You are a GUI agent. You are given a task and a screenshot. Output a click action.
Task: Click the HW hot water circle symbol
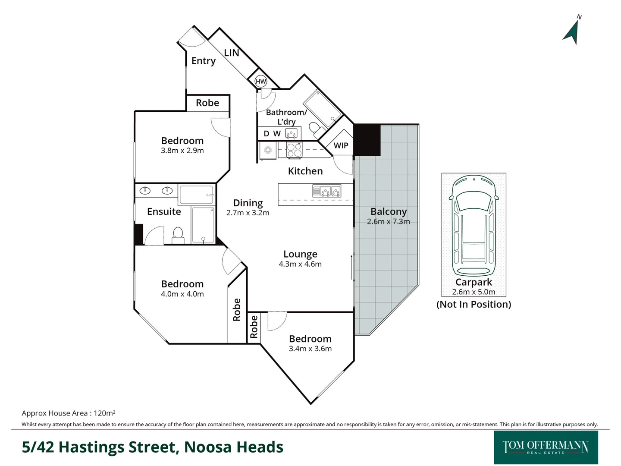(261, 81)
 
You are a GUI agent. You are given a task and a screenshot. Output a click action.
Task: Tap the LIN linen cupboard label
(232, 53)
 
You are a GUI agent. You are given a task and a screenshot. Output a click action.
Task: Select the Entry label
(204, 61)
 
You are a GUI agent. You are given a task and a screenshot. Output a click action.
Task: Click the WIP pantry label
(341, 145)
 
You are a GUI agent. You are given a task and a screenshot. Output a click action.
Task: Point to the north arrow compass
(572, 31)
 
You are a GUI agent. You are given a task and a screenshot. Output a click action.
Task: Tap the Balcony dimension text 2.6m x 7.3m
(388, 221)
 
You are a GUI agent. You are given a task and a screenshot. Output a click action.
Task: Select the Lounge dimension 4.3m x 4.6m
(300, 264)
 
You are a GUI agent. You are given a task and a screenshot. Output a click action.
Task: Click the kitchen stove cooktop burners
(294, 150)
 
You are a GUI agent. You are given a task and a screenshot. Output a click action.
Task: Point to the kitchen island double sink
(326, 190)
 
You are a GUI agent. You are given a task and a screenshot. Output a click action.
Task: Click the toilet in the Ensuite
(178, 236)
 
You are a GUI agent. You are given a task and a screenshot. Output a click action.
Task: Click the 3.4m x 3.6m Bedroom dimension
(310, 349)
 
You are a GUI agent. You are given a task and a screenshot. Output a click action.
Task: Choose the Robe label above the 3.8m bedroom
(207, 103)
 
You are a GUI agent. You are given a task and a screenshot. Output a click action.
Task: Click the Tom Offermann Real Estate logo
(546, 447)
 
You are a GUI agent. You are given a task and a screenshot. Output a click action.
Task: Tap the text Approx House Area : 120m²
(69, 413)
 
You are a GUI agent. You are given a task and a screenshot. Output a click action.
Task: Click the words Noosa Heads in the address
(234, 447)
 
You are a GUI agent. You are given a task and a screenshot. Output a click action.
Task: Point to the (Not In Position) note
(474, 304)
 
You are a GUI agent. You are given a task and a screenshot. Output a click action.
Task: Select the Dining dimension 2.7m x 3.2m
(248, 213)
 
